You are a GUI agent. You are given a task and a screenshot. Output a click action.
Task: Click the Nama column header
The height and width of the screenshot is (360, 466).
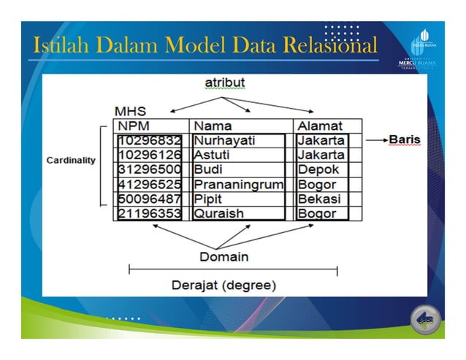point(213,126)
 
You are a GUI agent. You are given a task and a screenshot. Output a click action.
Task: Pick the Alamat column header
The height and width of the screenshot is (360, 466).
point(319,126)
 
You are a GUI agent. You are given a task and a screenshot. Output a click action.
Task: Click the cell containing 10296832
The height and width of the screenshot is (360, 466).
point(150,140)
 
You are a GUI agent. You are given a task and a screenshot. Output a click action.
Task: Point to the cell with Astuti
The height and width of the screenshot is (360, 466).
point(213,155)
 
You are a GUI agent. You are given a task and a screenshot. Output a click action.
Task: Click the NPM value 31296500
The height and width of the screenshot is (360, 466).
point(150,169)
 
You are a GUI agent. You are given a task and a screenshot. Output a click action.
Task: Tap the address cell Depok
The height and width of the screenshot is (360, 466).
point(318,169)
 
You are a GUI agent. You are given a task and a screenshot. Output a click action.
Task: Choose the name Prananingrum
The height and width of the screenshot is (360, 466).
point(238,185)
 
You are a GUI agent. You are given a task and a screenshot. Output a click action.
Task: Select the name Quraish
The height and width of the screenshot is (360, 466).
point(218,214)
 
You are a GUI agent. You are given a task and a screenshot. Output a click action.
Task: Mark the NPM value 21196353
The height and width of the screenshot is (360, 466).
point(150,214)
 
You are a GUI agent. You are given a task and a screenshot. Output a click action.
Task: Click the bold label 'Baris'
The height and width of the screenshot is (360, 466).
point(404,139)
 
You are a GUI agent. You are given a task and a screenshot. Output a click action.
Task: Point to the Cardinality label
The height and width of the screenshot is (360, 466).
point(71,160)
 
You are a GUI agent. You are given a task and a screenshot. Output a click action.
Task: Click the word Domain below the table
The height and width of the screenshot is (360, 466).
point(224,256)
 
